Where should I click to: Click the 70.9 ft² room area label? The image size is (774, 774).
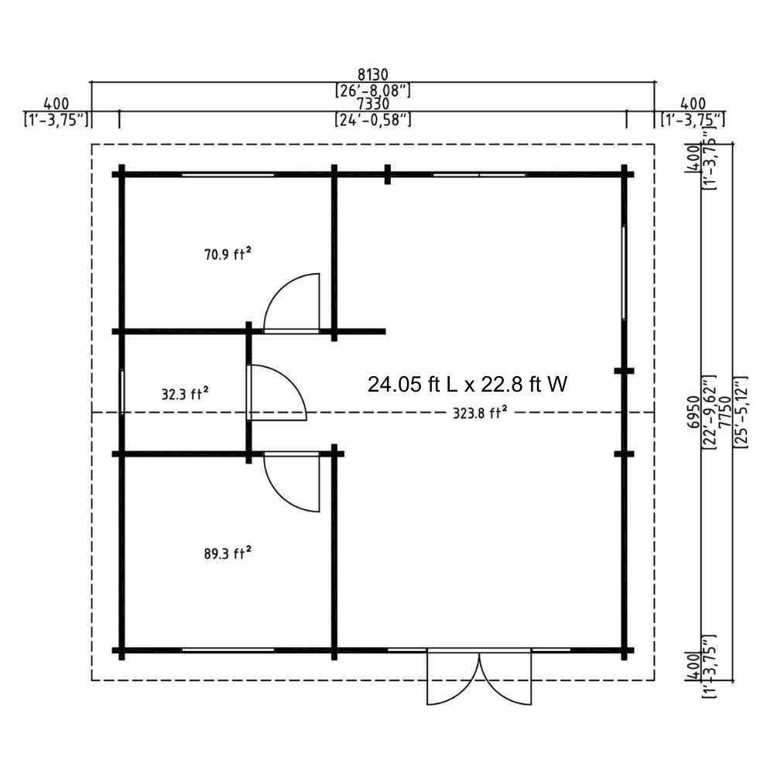[x=228, y=254]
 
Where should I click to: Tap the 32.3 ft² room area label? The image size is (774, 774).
[x=185, y=394]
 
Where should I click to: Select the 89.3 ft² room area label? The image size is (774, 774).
[x=228, y=553]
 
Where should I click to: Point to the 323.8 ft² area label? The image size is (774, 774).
[x=481, y=413]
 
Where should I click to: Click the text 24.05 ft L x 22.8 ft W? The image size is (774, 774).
[x=467, y=384]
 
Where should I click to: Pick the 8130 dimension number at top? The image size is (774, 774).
[x=373, y=74]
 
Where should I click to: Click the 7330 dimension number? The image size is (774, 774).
[x=373, y=104]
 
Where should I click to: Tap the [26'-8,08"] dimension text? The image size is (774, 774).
[x=373, y=91]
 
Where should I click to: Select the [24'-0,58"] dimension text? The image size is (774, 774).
[x=373, y=119]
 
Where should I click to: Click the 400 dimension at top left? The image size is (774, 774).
[x=57, y=104]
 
